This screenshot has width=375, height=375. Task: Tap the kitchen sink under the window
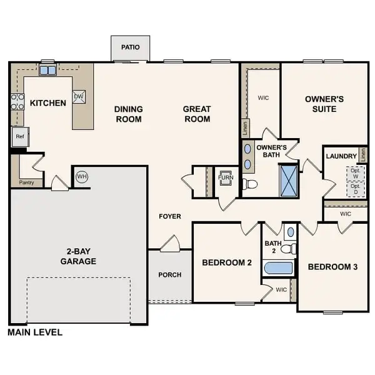coord(47,71)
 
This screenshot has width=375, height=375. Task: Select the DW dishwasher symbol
coord(79,96)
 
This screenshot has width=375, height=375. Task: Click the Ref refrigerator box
coord(19,137)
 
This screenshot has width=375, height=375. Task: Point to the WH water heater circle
coord(81,177)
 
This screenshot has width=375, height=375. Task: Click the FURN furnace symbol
coord(224,177)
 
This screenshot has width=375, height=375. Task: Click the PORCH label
coord(169,275)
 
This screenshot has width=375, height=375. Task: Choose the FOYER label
coord(169,217)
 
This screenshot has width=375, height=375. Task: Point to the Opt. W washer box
coord(355,172)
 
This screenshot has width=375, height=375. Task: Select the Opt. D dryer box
coord(355,189)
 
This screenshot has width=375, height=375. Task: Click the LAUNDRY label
coord(341,156)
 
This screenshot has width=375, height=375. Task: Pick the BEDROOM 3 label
coord(332,267)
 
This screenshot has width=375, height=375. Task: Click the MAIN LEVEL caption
coord(35,332)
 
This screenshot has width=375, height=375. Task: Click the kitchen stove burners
coord(16,101)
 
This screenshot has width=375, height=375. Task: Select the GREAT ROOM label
coord(196,114)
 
